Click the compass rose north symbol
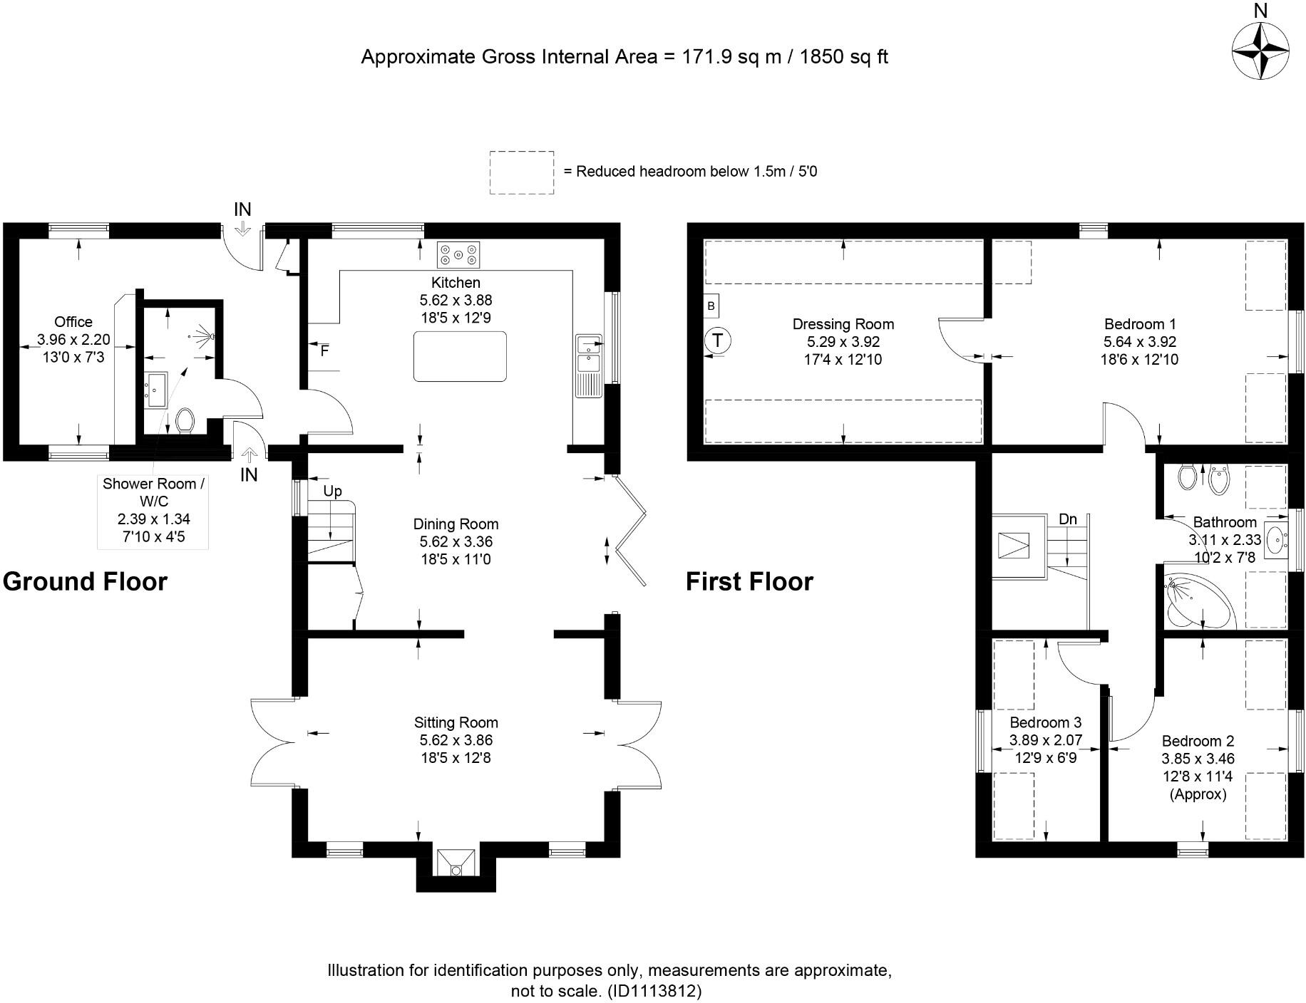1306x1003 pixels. coord(1260,50)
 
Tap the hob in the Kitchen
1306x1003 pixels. coord(458,254)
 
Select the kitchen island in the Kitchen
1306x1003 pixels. coord(461,356)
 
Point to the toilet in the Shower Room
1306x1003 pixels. coord(185,420)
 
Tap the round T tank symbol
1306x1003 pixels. coord(717,340)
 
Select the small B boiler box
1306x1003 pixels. coord(711,306)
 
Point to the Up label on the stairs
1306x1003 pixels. coord(333,491)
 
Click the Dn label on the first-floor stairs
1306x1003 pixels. coord(1067,519)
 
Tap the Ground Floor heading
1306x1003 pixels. coord(85,581)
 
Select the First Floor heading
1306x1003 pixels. coord(749,581)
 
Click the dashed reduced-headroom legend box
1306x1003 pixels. coord(522,172)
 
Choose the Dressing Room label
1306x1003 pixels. coord(843,324)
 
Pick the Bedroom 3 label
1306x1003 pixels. coord(1046,723)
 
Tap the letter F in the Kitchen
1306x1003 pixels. coord(325,350)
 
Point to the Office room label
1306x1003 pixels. coord(73,322)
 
